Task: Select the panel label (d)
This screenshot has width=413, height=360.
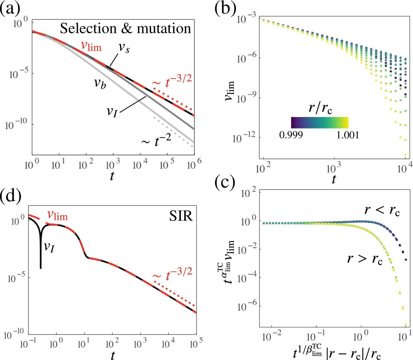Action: (x=11, y=195)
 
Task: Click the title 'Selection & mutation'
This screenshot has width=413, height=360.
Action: (x=125, y=29)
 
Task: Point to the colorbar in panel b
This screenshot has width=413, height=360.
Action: (x=319, y=123)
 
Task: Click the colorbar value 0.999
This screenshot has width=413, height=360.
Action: (x=291, y=135)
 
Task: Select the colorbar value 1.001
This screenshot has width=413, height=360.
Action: (x=348, y=135)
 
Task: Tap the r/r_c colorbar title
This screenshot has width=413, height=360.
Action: (x=320, y=108)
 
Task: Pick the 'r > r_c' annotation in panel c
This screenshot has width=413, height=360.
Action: (x=365, y=259)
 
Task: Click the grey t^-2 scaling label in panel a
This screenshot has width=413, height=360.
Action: (x=156, y=141)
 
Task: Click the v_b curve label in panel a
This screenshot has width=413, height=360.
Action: (x=100, y=83)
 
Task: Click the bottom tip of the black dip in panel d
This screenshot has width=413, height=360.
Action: (x=41, y=268)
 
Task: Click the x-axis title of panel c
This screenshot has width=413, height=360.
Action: (x=337, y=353)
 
